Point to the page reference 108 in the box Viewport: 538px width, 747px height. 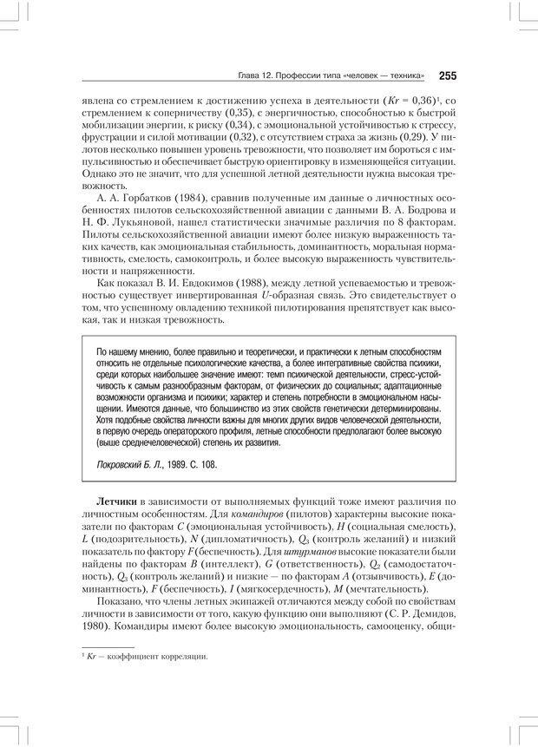pos(207,465)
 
